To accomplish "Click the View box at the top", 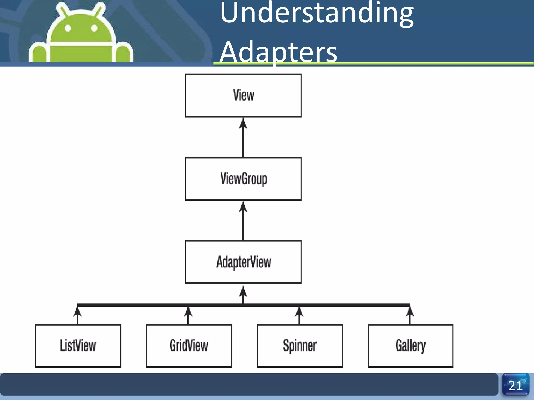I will (243, 95).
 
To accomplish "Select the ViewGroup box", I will (243, 179).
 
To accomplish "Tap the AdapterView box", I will (243, 262).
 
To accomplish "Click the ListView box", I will (78, 346).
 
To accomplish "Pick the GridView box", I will (189, 346).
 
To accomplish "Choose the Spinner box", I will (300, 346).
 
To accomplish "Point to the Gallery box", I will (410, 346).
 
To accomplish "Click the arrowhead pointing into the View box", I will (243, 123).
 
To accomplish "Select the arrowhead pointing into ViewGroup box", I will (243, 207).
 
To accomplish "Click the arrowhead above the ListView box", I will (77, 311).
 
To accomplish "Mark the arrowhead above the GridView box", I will (188, 311).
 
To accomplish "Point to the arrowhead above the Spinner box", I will (299, 311).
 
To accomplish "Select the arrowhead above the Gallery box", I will (410, 311).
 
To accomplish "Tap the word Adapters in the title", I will (278, 52).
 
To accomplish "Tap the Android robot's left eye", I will (68, 28).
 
